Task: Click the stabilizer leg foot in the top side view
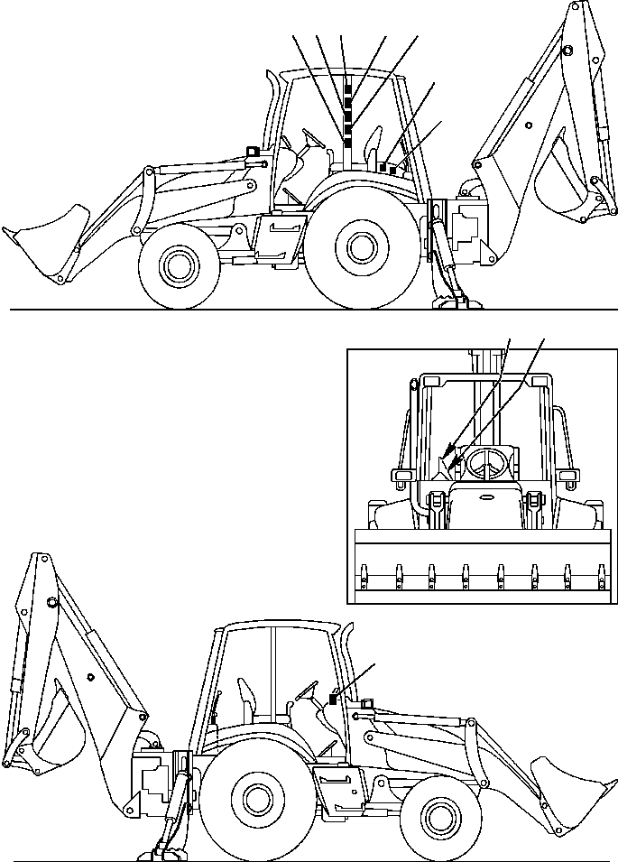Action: click(x=451, y=300)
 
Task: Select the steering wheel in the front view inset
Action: click(x=486, y=459)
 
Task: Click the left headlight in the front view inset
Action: click(x=400, y=474)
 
